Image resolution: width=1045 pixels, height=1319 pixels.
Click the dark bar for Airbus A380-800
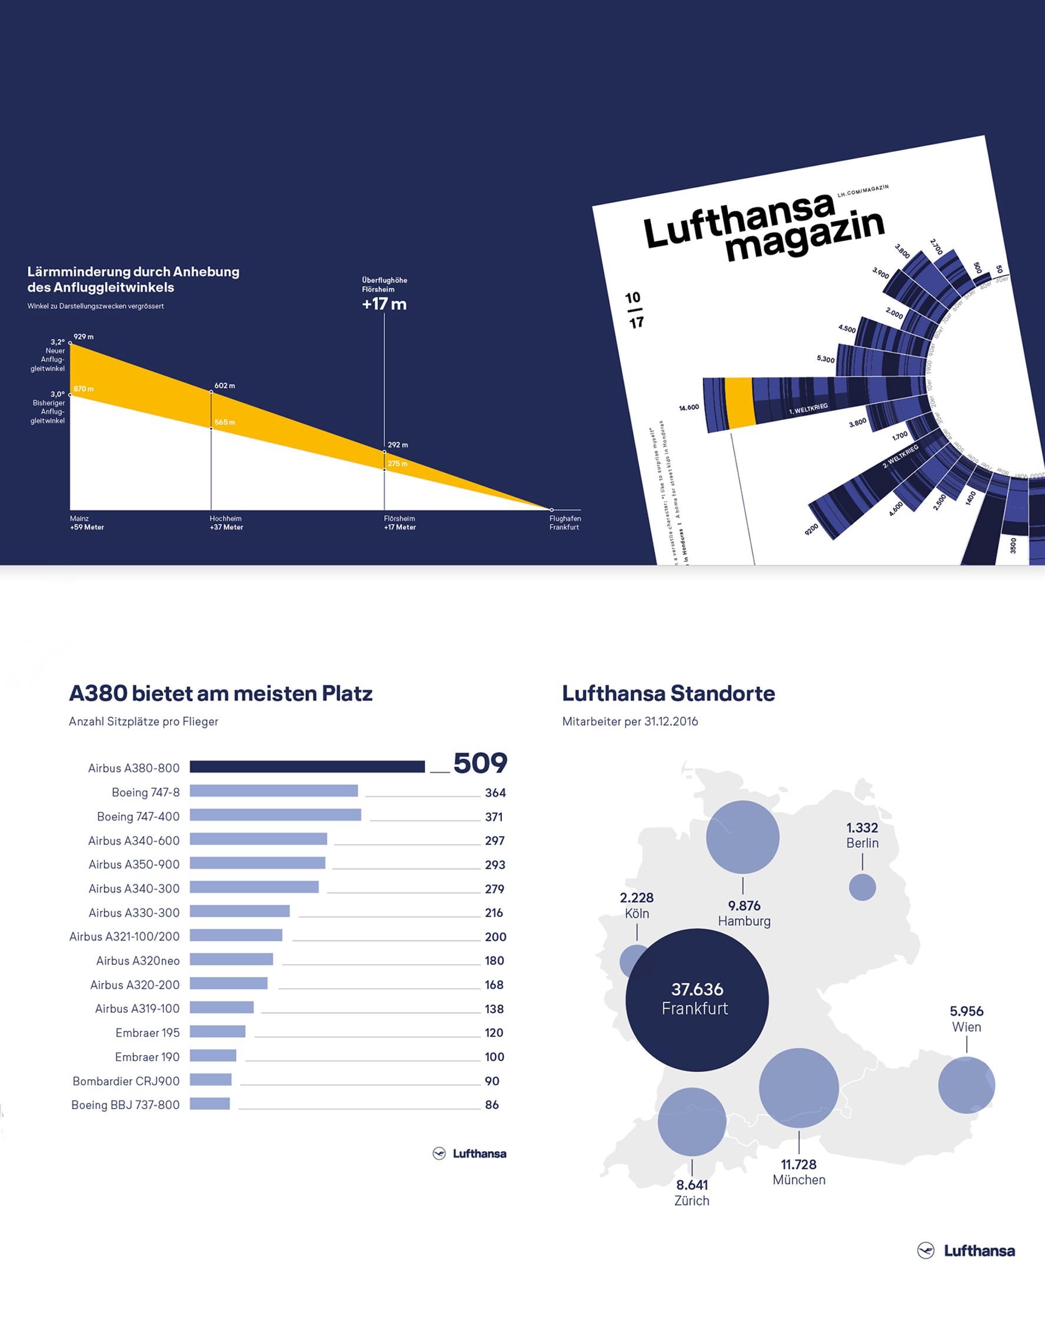point(307,767)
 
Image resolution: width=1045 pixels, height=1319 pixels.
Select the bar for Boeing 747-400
point(275,815)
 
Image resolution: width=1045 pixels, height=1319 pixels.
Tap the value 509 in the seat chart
point(480,764)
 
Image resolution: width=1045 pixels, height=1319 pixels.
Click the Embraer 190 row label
point(147,1056)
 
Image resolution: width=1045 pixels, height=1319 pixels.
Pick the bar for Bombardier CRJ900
point(210,1080)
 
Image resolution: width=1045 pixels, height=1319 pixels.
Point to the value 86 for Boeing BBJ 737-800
point(492,1105)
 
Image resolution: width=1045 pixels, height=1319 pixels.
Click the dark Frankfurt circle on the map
point(697,1000)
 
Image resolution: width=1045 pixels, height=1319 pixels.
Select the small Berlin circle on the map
point(862,887)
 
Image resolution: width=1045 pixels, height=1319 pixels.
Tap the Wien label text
point(966,1027)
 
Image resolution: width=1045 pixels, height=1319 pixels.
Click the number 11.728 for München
point(798,1164)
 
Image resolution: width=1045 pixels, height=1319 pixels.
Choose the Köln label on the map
point(637,913)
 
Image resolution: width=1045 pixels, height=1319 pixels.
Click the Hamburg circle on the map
point(743,837)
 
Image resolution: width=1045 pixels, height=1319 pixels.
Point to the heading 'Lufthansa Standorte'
point(668,693)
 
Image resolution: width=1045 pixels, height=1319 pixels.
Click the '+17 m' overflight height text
point(384,304)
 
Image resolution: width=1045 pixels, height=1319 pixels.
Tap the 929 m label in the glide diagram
point(84,337)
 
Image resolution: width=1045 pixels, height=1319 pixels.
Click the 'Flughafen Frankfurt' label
point(564,522)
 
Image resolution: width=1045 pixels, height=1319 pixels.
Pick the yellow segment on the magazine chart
point(739,403)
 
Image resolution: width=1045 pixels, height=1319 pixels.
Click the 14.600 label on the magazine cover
point(688,407)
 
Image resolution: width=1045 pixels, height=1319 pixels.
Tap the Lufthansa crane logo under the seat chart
point(439,1154)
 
